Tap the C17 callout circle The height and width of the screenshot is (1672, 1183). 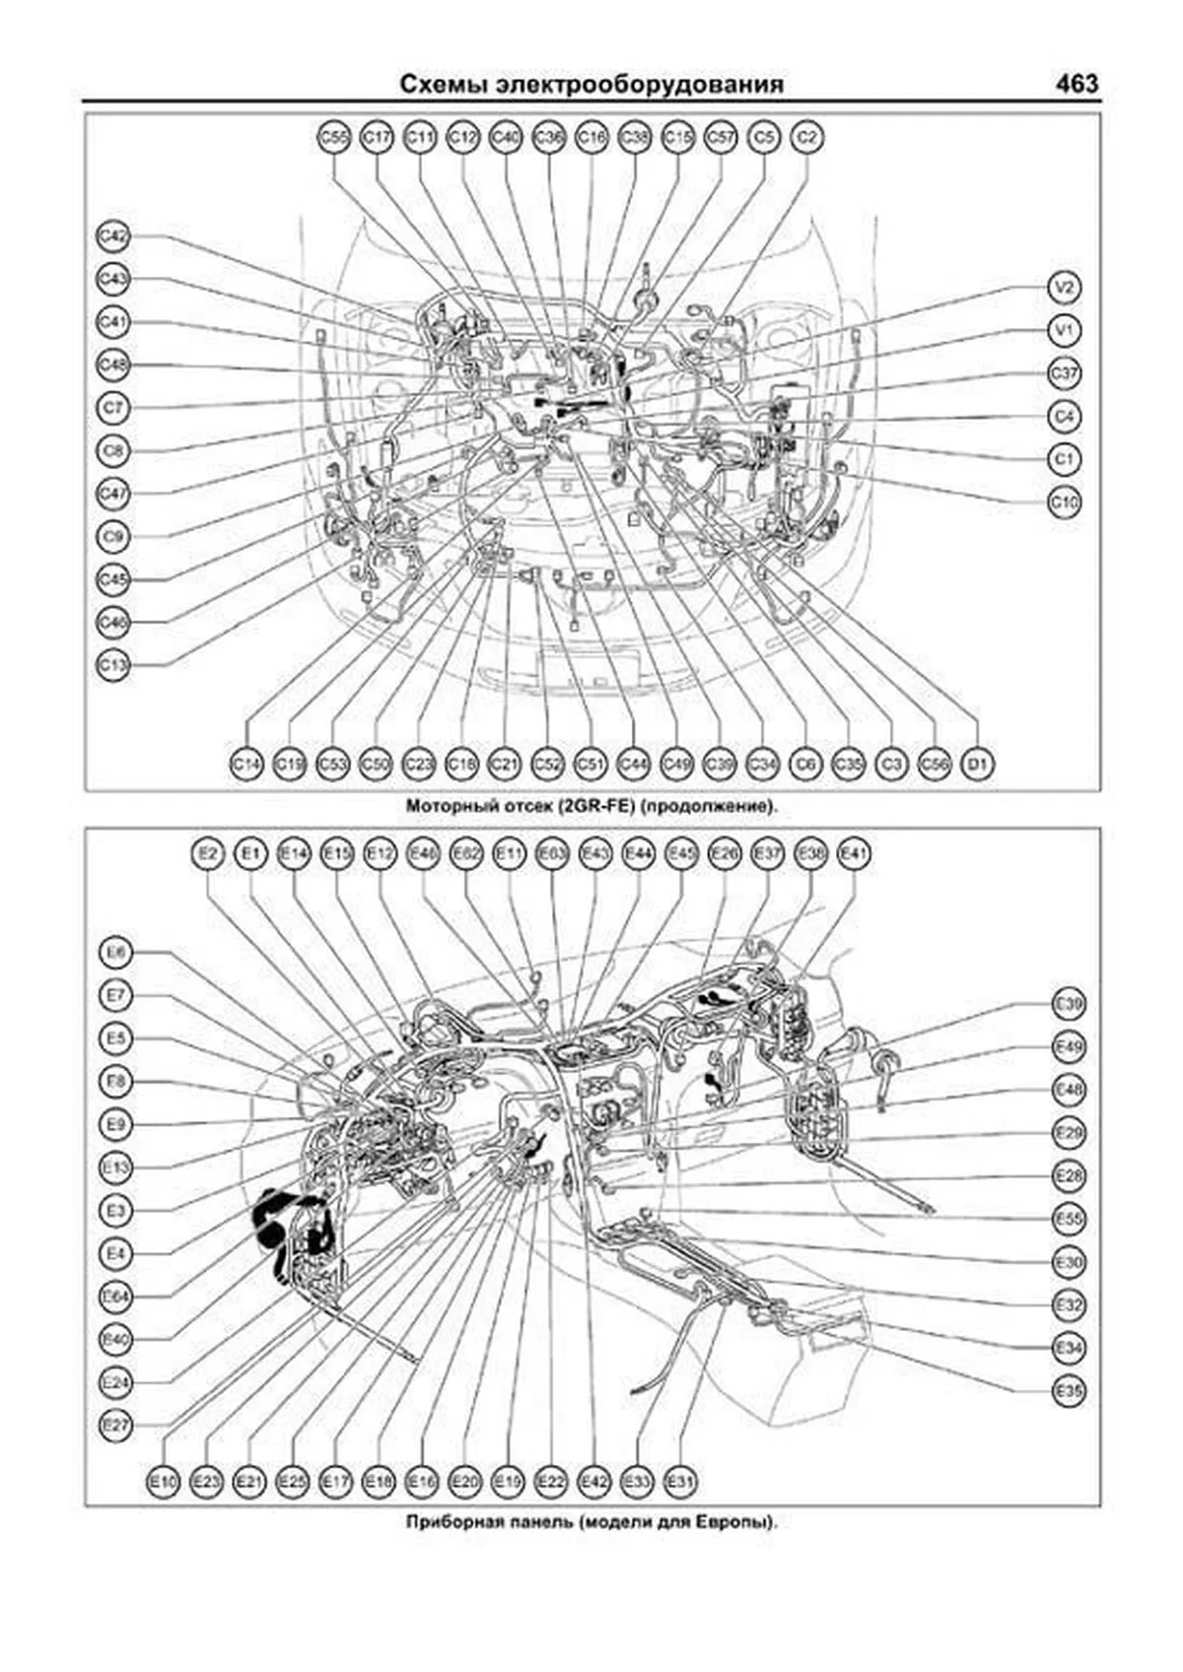377,138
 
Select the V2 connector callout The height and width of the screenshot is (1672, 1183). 1064,288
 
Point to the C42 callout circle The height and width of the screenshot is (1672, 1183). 114,236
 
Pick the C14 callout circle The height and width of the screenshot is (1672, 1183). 246,764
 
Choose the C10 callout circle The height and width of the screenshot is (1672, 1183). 1064,502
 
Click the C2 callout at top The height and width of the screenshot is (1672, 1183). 807,138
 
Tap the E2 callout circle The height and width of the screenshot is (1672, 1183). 207,854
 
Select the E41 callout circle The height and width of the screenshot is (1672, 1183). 853,854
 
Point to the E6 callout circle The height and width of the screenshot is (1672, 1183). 116,953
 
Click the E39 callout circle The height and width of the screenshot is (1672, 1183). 1069,1005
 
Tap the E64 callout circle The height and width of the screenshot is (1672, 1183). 116,1296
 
